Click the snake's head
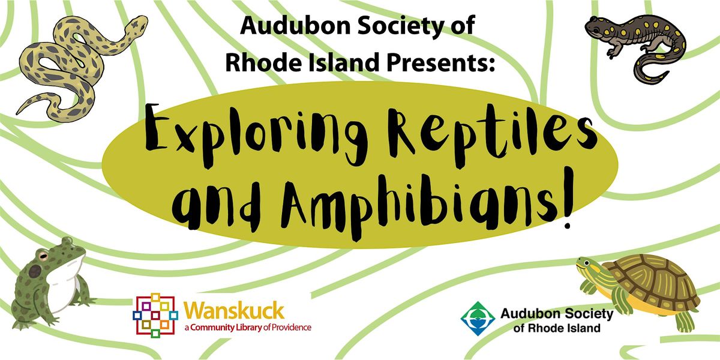[136, 25]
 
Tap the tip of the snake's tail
[18, 113]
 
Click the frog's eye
[43, 256]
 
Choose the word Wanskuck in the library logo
[235, 311]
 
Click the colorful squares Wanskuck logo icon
[155, 316]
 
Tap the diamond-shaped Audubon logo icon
[478, 319]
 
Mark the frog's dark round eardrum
[35, 272]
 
